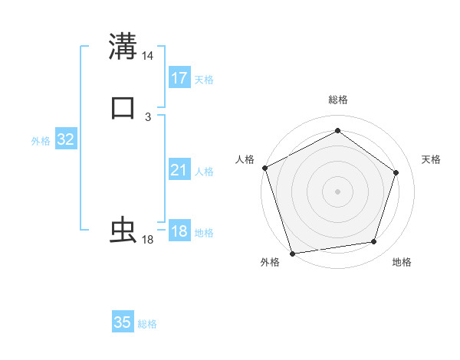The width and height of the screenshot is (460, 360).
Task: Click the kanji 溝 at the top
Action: click(123, 46)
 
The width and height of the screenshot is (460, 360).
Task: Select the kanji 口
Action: click(123, 107)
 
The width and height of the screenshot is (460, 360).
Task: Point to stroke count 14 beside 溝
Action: click(148, 56)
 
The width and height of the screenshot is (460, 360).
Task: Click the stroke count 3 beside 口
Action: click(148, 117)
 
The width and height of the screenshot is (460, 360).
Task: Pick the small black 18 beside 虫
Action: click(148, 240)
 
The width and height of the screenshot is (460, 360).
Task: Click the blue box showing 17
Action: click(179, 78)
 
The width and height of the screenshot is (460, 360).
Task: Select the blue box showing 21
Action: click(179, 170)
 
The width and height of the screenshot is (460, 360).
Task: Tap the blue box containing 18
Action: click(179, 231)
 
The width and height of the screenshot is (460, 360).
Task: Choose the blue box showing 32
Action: click(65, 139)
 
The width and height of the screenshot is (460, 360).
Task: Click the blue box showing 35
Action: click(123, 322)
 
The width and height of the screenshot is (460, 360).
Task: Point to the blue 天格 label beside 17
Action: click(204, 80)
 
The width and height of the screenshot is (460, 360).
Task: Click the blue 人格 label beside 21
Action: click(204, 172)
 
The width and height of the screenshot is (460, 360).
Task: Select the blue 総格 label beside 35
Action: click(147, 324)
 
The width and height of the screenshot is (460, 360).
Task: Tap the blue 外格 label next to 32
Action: click(41, 141)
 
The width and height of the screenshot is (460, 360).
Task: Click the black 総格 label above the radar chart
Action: click(337, 100)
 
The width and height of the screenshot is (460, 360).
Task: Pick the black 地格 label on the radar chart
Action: click(402, 263)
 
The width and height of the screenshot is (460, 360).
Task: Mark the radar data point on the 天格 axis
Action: click(396, 172)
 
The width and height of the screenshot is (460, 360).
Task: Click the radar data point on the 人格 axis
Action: click(264, 168)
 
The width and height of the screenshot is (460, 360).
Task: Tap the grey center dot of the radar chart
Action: click(337, 191)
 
